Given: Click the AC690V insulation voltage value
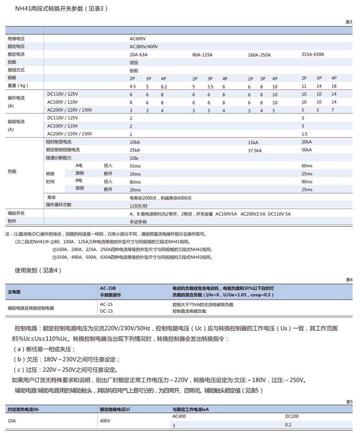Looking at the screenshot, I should (x=138, y=39).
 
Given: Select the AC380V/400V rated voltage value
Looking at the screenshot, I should (x=144, y=46).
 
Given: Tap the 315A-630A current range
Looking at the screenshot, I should (x=313, y=54).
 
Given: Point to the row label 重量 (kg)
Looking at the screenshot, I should (x=18, y=86).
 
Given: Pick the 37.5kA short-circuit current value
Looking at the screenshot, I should (x=254, y=150).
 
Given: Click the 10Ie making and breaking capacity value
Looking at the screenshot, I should (x=134, y=158).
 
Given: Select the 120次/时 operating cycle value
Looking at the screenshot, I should (x=139, y=206).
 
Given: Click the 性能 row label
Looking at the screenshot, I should (x=12, y=171).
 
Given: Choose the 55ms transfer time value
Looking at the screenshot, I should (x=135, y=166).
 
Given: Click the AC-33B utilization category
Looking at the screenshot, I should (x=108, y=289).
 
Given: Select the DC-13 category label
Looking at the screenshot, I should (x=106, y=311).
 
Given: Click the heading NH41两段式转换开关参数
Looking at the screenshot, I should (x=61, y=9).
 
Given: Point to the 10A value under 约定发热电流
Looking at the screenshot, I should (x=12, y=421).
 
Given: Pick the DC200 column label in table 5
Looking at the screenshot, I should (x=292, y=417).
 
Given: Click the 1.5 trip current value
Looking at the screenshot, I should (x=304, y=134).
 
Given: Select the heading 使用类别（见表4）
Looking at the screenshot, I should (x=38, y=270).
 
